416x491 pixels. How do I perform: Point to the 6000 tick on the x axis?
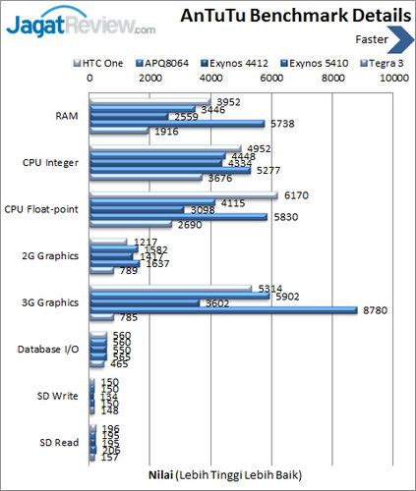[x=272, y=77]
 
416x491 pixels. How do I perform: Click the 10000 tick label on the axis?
[x=394, y=77]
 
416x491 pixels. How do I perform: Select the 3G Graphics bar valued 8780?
[x=222, y=309]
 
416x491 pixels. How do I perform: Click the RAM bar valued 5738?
[x=176, y=123]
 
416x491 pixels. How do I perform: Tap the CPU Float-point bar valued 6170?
[x=183, y=194]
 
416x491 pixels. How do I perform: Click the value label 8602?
[x=250, y=303]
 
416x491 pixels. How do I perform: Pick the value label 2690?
[x=191, y=224]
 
